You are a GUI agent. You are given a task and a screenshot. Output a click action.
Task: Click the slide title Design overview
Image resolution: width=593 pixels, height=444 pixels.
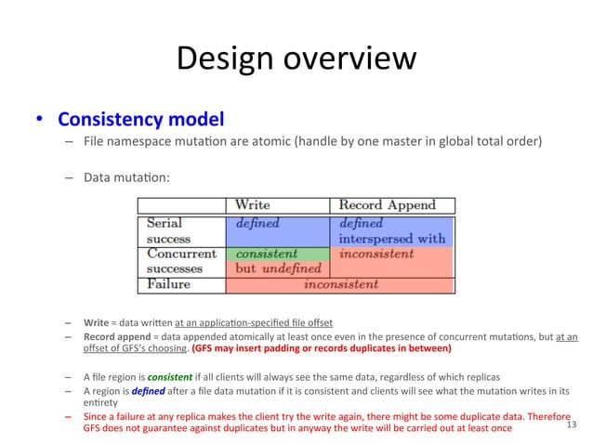point(296,59)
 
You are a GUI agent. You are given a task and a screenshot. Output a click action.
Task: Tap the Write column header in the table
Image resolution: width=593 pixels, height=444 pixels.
point(253,204)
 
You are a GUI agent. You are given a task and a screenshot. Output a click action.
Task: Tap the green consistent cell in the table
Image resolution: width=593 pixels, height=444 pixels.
point(267,253)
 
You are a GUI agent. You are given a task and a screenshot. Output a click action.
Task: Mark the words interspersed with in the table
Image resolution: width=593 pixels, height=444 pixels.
point(392,238)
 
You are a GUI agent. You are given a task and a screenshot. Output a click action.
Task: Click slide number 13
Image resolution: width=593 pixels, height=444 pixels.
point(571,424)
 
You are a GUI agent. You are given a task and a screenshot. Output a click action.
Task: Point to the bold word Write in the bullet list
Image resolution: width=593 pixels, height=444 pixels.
point(96,322)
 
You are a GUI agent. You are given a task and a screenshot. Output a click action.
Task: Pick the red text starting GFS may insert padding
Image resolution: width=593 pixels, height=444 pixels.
point(321,349)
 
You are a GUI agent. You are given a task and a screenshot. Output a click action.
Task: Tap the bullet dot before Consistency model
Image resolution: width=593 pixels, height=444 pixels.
point(41,122)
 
